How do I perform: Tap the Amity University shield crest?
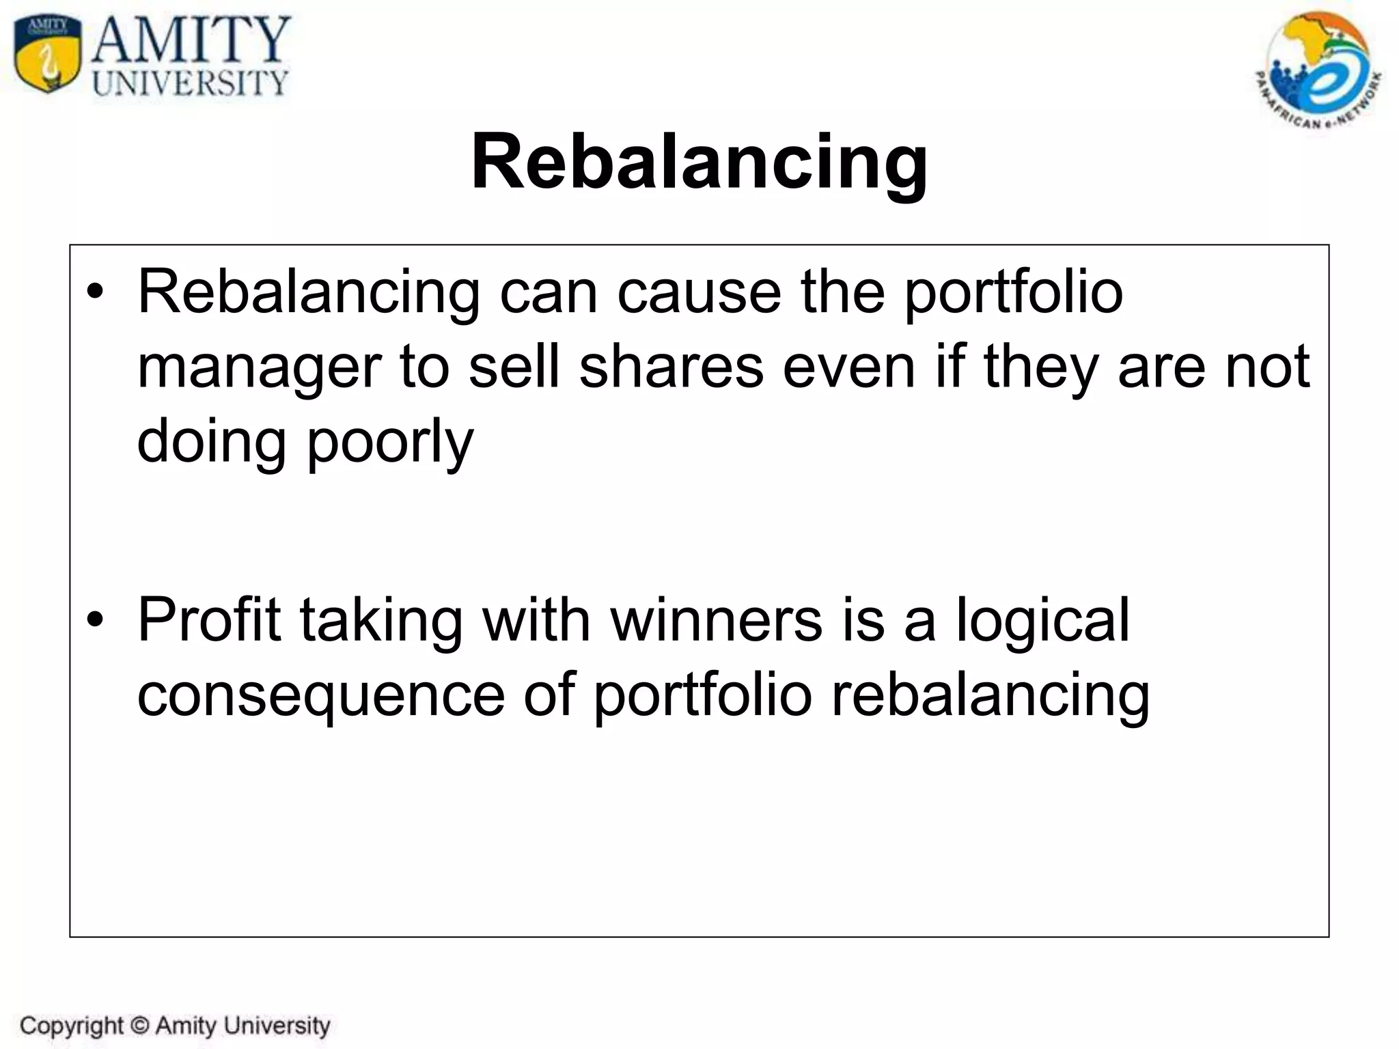pos(47,55)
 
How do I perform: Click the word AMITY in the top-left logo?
pos(191,40)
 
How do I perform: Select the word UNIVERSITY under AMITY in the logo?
pos(190,83)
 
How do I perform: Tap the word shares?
pos(671,367)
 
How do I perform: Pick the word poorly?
pos(390,443)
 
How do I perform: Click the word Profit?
pos(209,619)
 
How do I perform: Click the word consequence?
pos(320,695)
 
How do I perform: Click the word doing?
pos(211,443)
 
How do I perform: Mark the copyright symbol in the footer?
pos(139,1025)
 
